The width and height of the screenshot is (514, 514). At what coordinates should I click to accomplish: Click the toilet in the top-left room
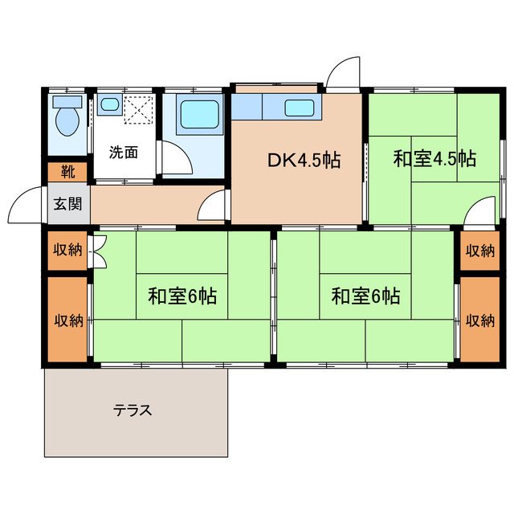tap(67, 117)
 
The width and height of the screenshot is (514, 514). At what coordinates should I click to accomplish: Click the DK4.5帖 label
tap(304, 159)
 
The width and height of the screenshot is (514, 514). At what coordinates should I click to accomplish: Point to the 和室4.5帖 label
tap(434, 158)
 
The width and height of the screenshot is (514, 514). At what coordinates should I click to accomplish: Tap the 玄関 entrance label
tap(67, 203)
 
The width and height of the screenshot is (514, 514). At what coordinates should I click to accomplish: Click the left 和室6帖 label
tap(182, 296)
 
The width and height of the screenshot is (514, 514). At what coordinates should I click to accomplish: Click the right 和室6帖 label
tap(365, 296)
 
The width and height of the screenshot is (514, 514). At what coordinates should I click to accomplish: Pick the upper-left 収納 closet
tap(67, 250)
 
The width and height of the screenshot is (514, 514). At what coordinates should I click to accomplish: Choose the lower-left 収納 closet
tap(67, 320)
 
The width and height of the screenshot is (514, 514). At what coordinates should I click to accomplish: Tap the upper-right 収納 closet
tap(479, 250)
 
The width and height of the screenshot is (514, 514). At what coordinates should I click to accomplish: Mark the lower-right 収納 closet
tap(479, 320)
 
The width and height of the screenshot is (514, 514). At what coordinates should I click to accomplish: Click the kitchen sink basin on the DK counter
tap(299, 107)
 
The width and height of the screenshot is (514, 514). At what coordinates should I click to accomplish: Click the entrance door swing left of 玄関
tap(27, 206)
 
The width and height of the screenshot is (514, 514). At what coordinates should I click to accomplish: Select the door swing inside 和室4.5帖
tap(483, 211)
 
